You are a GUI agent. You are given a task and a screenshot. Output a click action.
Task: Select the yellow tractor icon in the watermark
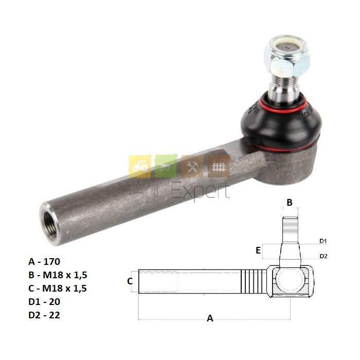pyautogui.click(x=140, y=166)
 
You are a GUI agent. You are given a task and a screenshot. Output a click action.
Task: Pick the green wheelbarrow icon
pyautogui.click(x=166, y=166)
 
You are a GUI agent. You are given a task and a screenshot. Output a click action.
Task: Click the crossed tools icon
pyautogui.click(x=192, y=166)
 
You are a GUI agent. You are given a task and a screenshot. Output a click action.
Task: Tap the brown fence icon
pyautogui.click(x=219, y=166)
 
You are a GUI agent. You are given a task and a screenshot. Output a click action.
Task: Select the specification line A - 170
pyautogui.click(x=44, y=261)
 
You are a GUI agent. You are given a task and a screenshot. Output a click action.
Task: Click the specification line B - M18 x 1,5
pyautogui.click(x=58, y=275)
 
